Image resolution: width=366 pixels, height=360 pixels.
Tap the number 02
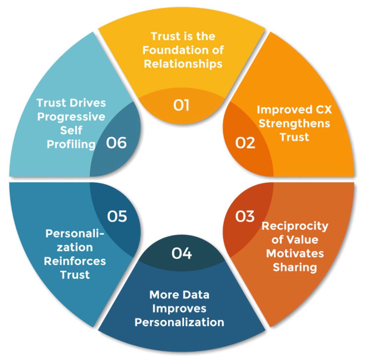(245, 143)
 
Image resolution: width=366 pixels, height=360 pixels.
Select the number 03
(245, 216)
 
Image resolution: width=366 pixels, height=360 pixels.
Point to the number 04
(182, 253)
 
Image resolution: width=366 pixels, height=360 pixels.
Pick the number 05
(117, 216)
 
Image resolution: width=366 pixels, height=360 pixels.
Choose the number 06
(117, 143)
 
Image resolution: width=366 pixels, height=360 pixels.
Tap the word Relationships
(183, 64)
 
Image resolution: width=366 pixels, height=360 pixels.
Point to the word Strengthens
(294, 123)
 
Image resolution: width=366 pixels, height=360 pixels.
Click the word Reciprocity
(295, 226)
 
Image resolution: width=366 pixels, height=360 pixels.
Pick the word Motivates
(295, 253)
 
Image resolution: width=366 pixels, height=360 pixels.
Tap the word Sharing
(295, 267)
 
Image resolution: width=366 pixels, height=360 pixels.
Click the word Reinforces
(75, 261)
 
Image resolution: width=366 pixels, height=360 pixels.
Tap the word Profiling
(71, 144)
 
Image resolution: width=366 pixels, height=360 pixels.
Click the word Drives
(88, 103)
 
